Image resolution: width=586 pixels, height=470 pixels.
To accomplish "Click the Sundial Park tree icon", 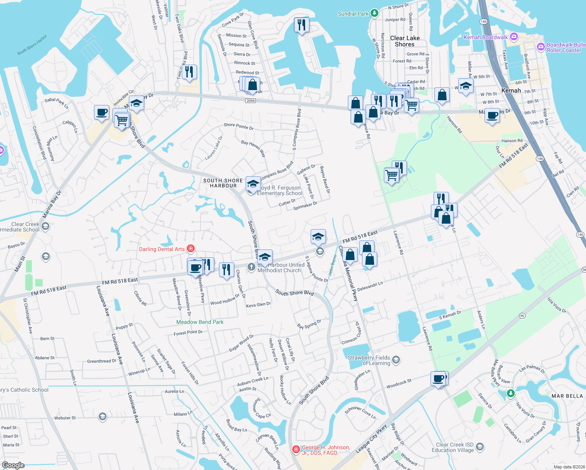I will pos(374,13).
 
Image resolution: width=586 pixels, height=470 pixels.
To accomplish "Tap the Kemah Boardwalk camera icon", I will pos(514,37).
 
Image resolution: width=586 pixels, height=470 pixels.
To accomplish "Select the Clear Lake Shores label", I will pos(405,41).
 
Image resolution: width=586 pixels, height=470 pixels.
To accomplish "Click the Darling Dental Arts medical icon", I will pos(191,249).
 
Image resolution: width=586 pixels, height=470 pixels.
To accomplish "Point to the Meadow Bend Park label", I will pos(200,322).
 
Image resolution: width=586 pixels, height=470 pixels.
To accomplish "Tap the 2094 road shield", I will pos(251,101).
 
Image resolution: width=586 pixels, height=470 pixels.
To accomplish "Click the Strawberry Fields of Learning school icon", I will pos(396,360).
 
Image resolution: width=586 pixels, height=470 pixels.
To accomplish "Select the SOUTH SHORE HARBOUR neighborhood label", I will pos(223,183).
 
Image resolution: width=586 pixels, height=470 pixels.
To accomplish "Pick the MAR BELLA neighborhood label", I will pos(567,396).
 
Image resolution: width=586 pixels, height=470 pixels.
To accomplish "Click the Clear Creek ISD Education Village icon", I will pos(479,447).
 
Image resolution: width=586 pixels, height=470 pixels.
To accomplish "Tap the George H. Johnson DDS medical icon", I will pos(296,449).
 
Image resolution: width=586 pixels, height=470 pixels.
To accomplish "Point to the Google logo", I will pos(13,465).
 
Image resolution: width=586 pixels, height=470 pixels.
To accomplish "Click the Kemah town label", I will pos(511,90).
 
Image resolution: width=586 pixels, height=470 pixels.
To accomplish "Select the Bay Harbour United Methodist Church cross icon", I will pos(251,267).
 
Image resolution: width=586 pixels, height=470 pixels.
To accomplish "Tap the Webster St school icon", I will pos(103,416).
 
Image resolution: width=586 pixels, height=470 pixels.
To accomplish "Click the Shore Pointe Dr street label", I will pos(239,126).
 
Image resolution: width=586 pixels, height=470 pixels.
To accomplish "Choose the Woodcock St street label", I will pos(399,383).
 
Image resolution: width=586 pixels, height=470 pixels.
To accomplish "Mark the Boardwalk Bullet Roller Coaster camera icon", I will pos(541,47).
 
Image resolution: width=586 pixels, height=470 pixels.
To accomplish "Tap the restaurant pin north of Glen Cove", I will pos(301,25).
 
